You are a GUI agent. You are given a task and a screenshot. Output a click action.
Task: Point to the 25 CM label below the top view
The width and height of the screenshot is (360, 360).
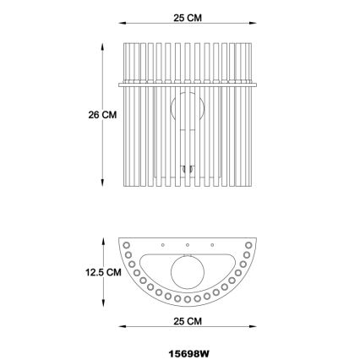[187, 322]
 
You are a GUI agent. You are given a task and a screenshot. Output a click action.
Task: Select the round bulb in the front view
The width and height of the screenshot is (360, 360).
[186, 111]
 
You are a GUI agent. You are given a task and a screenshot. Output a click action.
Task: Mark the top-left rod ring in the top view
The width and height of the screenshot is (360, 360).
[126, 245]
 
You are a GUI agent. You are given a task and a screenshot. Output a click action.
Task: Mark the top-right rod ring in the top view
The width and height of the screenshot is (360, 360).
[248, 245]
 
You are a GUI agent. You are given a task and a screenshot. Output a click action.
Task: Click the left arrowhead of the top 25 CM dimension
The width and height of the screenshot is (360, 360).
[120, 24]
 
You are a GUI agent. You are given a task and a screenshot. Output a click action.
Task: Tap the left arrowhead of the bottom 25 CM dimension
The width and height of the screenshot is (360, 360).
[120, 327]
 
